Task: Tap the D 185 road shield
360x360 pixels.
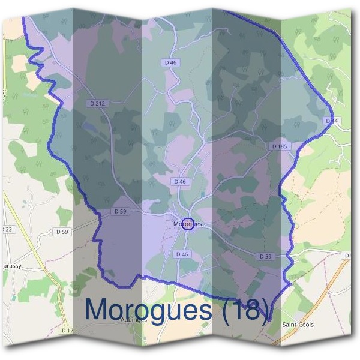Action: tap(280, 146)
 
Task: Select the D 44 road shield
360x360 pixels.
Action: tap(331, 121)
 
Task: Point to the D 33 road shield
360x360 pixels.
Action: tap(7, 229)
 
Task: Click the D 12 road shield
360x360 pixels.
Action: tap(67, 330)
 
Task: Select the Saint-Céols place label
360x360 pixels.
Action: tap(298, 325)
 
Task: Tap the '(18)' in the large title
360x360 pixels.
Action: tap(244, 308)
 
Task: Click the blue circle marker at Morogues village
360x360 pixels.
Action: tap(187, 224)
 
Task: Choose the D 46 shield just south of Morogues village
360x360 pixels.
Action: tap(182, 254)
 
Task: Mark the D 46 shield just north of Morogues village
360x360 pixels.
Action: tap(180, 181)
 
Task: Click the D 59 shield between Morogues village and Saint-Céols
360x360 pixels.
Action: tap(266, 256)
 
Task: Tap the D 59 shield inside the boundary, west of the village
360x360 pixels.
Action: tap(121, 211)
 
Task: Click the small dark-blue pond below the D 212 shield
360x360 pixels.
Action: tap(89, 127)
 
